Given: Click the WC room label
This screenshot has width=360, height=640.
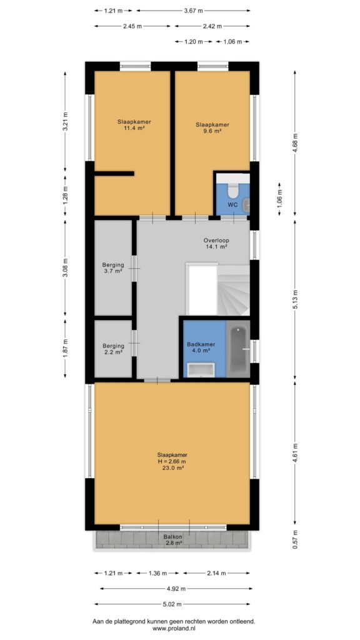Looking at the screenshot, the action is click(232, 205).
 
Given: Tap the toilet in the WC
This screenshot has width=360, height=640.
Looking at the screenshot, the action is click(232, 190).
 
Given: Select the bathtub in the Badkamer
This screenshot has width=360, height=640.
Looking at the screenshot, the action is click(237, 348).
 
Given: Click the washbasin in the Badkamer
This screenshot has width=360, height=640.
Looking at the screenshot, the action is click(201, 370).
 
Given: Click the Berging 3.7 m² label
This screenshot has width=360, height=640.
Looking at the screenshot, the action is click(112, 267).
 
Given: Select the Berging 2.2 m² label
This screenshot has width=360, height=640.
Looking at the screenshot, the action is click(112, 348).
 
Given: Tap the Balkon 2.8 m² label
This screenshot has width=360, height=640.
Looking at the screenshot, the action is click(172, 539).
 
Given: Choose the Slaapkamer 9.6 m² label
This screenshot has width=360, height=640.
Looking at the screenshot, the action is click(212, 127).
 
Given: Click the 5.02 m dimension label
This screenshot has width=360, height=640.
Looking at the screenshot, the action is click(172, 604).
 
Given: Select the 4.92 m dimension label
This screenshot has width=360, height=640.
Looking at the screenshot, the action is click(176, 589).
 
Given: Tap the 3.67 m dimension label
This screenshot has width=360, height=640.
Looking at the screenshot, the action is click(194, 11).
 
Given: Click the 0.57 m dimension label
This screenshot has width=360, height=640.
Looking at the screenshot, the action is click(295, 539).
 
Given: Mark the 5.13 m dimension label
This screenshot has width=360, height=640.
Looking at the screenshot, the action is click(295, 299).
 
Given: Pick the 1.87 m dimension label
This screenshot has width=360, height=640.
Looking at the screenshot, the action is click(65, 348).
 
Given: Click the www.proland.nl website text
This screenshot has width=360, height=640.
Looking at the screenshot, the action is click(174, 629).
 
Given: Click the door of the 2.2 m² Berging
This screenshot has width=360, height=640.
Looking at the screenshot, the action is click(134, 343).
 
